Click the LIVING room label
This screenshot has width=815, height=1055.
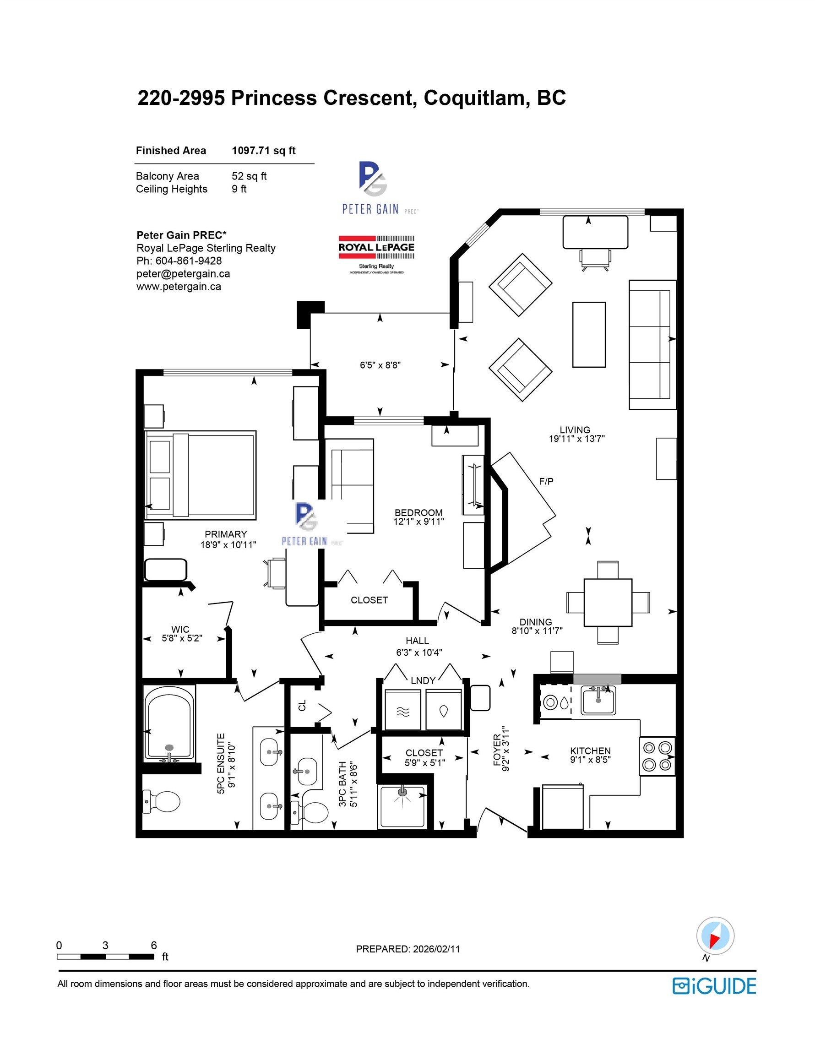(575, 430)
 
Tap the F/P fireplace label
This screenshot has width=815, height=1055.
(546, 481)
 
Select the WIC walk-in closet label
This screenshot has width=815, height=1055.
(180, 630)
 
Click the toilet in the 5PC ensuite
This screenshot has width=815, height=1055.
(161, 802)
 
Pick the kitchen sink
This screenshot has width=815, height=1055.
(598, 701)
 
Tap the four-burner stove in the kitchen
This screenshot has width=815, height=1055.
(657, 756)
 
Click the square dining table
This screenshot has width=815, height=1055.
(608, 603)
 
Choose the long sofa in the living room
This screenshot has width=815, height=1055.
(652, 344)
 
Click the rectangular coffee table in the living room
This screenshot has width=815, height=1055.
(589, 335)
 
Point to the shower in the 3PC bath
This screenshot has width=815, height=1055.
(402, 807)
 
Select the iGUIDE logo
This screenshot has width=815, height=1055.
(714, 986)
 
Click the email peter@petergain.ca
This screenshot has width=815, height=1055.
(183, 274)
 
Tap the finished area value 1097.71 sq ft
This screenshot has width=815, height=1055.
(264, 151)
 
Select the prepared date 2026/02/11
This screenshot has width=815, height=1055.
(436, 949)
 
